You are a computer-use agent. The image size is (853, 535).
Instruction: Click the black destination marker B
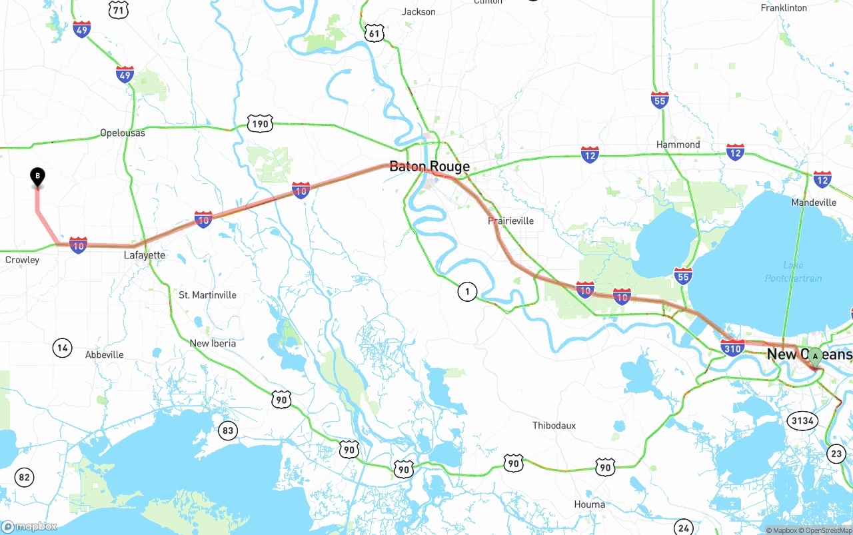(x=38, y=177)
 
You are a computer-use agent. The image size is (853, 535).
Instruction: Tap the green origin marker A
(x=814, y=356)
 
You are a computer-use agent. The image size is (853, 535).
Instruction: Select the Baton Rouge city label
(x=429, y=167)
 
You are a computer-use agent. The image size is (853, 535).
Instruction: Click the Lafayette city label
(x=145, y=255)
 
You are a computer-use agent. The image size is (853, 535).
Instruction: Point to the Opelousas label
(x=122, y=133)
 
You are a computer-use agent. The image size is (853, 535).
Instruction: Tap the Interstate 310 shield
(x=732, y=347)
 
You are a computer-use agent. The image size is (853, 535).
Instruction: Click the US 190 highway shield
(x=260, y=123)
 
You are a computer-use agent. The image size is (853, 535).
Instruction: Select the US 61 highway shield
(x=375, y=33)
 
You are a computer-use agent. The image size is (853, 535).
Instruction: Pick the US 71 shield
(x=118, y=9)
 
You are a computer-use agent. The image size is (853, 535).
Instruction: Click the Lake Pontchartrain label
(x=793, y=272)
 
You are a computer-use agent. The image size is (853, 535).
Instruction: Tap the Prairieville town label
(x=510, y=221)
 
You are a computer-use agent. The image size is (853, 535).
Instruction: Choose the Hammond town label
(x=678, y=145)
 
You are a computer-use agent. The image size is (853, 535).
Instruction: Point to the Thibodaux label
(x=554, y=425)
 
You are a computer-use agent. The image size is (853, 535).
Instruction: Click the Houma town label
(x=589, y=504)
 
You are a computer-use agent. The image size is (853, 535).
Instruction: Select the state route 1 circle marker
(x=467, y=291)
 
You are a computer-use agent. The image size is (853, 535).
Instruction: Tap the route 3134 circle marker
(x=802, y=420)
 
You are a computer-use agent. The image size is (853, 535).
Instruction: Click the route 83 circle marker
(x=228, y=430)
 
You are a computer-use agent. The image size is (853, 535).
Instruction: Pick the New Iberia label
(x=213, y=343)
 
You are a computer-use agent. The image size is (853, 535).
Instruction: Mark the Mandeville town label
(x=813, y=203)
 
